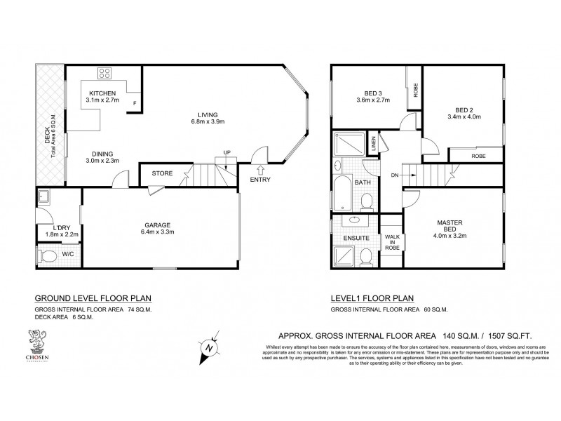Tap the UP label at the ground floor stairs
[227, 152]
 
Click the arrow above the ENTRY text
[261, 168]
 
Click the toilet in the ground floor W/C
[47, 257]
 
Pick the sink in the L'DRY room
[43, 196]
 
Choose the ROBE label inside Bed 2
[478, 156]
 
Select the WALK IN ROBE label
[391, 242]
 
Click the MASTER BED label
[450, 226]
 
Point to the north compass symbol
[208, 348]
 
